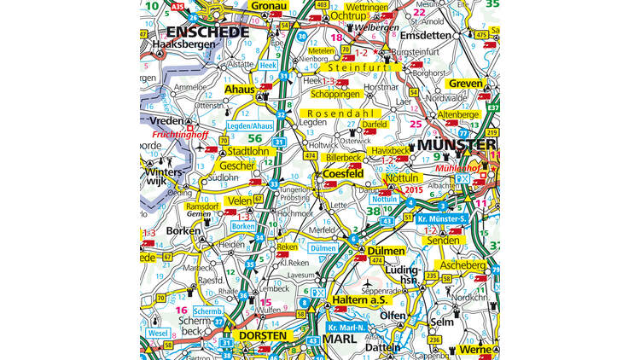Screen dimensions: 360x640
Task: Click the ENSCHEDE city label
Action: click(x=196, y=32)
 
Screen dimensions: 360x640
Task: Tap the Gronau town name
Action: click(x=267, y=6)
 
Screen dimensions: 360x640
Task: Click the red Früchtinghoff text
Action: click(x=181, y=135)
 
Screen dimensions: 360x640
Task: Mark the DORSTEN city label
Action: click(x=264, y=336)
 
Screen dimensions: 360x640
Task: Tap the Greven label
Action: click(x=466, y=84)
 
